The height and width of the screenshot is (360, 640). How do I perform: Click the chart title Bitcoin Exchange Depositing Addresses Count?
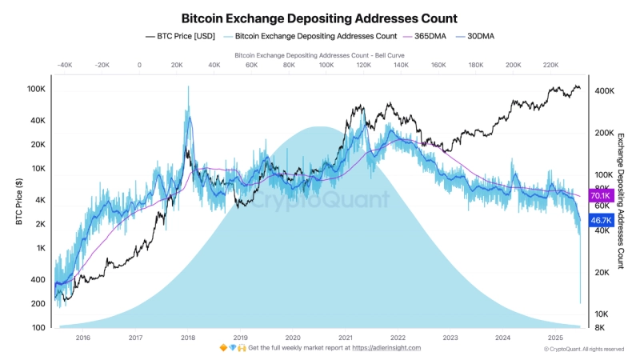click(x=319, y=17)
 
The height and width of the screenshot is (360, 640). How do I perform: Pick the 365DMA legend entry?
click(x=430, y=36)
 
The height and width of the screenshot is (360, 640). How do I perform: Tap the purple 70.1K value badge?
click(x=601, y=196)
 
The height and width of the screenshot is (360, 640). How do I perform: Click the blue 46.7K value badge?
click(x=601, y=220)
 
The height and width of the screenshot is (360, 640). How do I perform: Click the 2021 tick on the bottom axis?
click(x=345, y=338)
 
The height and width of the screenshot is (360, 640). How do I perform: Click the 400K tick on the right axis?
click(x=603, y=91)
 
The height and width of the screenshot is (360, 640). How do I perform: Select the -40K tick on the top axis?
click(x=65, y=66)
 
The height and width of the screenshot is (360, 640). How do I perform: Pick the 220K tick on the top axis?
click(x=551, y=66)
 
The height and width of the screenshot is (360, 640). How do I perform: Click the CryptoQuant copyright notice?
click(x=583, y=349)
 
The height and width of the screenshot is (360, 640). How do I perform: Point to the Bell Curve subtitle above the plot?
click(x=319, y=55)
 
